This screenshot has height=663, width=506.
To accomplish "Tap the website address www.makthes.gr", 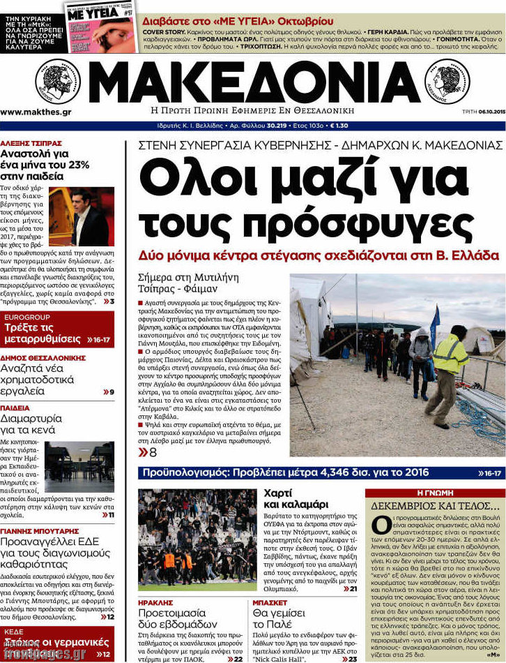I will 36,112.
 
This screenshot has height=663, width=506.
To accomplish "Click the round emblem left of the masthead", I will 58,82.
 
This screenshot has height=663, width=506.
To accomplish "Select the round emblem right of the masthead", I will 450,82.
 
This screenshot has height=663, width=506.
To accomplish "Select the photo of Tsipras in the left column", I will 82,216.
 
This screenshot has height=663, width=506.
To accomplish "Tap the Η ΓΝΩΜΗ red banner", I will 435,493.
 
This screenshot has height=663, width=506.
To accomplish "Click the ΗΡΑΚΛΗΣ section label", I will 154,601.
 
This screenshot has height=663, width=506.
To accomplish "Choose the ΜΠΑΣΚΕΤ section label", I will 270,601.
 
